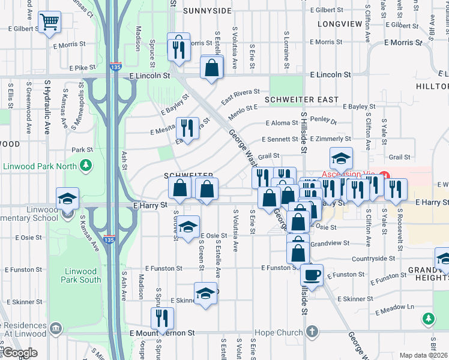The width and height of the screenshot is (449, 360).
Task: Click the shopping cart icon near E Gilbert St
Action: click(49, 23)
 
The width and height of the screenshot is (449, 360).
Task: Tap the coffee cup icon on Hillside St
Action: click(312, 275)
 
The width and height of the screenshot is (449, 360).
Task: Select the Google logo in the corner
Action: click(20, 353)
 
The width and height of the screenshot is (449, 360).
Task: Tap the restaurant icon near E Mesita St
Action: click(187, 128)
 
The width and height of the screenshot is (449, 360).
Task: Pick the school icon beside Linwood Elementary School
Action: click(67, 199)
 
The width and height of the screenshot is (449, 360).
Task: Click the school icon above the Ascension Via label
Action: click(340, 158)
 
